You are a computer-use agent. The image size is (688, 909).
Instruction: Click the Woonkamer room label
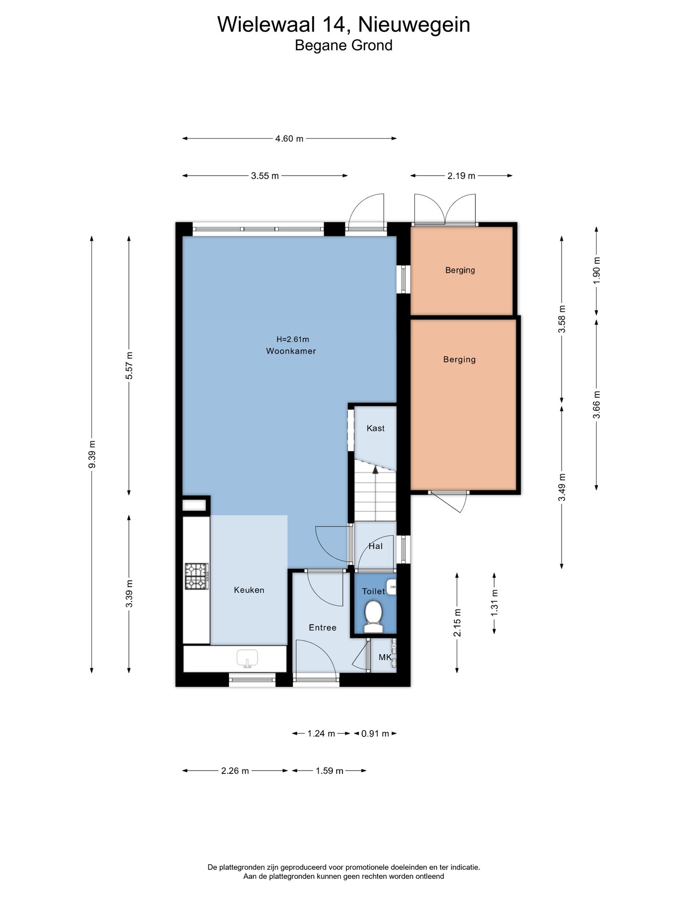[291, 351]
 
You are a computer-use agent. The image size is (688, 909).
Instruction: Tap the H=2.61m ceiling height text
[293, 340]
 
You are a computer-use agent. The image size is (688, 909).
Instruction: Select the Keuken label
[249, 590]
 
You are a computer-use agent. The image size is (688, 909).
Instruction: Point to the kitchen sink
[247, 658]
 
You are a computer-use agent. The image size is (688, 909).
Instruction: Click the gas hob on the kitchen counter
[197, 576]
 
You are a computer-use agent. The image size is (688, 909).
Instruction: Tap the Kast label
[376, 428]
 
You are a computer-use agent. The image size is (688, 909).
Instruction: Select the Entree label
[322, 628]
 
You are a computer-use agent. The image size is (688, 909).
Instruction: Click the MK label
[385, 657]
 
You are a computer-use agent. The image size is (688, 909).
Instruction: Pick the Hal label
[376, 546]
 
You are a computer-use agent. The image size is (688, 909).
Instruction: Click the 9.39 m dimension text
[92, 455]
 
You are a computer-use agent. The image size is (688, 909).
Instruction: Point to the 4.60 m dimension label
[289, 139]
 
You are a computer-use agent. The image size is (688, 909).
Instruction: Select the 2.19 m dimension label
[461, 176]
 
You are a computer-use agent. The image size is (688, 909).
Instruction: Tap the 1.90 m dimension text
[596, 270]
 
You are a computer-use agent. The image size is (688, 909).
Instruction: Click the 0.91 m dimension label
[375, 733]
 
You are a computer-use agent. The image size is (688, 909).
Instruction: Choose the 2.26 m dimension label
[235, 770]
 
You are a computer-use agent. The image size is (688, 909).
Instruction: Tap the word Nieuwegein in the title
[414, 25]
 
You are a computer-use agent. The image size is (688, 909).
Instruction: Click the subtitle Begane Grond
[344, 45]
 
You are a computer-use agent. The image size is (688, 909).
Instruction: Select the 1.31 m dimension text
[494, 603]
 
